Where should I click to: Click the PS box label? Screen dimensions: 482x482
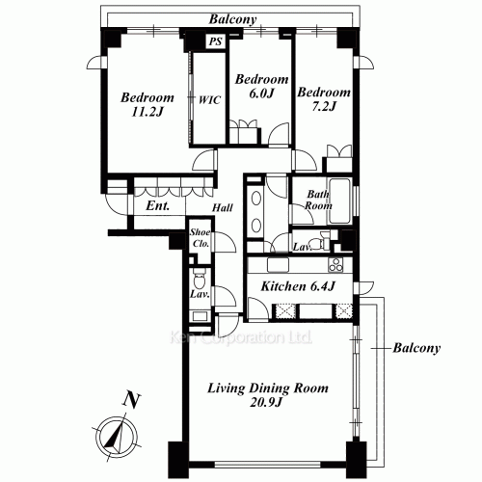[x=216, y=41]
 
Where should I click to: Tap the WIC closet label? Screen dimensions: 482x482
[x=209, y=100]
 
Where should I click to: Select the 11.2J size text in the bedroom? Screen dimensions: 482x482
[x=147, y=112]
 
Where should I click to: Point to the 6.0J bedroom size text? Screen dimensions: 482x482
[x=261, y=94]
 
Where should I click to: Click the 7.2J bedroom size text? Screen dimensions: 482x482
[x=324, y=106]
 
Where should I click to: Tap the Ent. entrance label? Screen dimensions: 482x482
[x=157, y=205]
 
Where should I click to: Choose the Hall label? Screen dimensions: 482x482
[x=223, y=208]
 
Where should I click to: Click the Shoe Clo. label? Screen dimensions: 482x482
[x=201, y=238]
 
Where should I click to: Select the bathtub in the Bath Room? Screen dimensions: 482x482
[x=339, y=201]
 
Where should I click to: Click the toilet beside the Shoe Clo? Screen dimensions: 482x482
[x=200, y=279]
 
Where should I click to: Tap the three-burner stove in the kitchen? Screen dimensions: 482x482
[x=335, y=265]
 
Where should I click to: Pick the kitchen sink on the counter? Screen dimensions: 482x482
[x=279, y=265]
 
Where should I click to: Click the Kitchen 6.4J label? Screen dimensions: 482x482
[x=298, y=286]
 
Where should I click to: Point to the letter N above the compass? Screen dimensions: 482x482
[x=132, y=400]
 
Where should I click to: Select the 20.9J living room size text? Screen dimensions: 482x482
[x=266, y=402]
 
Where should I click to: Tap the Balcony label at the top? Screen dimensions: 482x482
[x=233, y=19]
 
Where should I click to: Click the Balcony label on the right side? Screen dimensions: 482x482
[x=416, y=348]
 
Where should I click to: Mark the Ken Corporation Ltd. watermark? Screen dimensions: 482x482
[x=241, y=337]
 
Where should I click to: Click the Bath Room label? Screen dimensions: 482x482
[x=318, y=200]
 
